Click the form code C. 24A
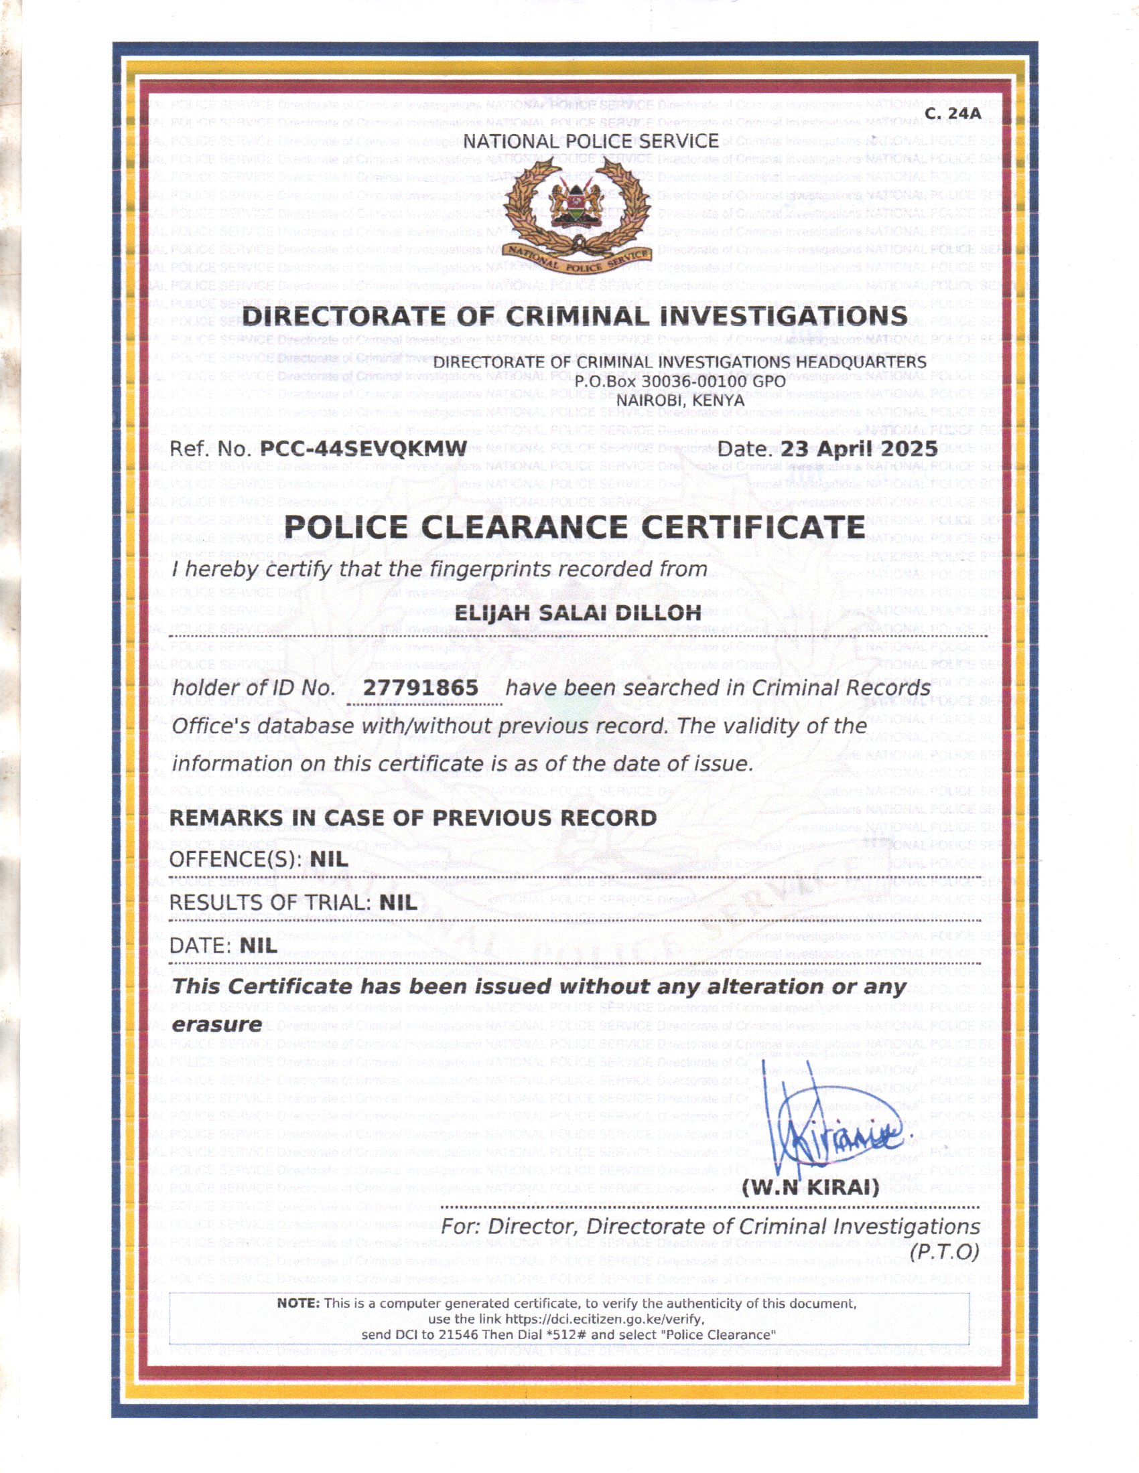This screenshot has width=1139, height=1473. click(952, 114)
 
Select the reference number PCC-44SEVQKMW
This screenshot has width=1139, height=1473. click(364, 449)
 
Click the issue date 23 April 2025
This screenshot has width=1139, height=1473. click(858, 449)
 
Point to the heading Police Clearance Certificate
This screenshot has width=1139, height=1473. click(574, 527)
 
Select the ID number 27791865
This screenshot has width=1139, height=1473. click(421, 688)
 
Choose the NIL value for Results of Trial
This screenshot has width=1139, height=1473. click(398, 903)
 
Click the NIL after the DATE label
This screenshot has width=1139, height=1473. click(259, 945)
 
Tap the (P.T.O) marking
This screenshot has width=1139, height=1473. click(944, 1252)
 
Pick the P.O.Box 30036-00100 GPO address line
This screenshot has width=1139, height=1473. click(680, 381)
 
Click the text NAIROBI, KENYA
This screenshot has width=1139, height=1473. click(680, 400)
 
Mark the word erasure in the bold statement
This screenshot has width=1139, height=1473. click(216, 1024)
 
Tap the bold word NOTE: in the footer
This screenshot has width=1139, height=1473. click(298, 1304)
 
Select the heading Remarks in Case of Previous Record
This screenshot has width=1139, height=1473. click(413, 818)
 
